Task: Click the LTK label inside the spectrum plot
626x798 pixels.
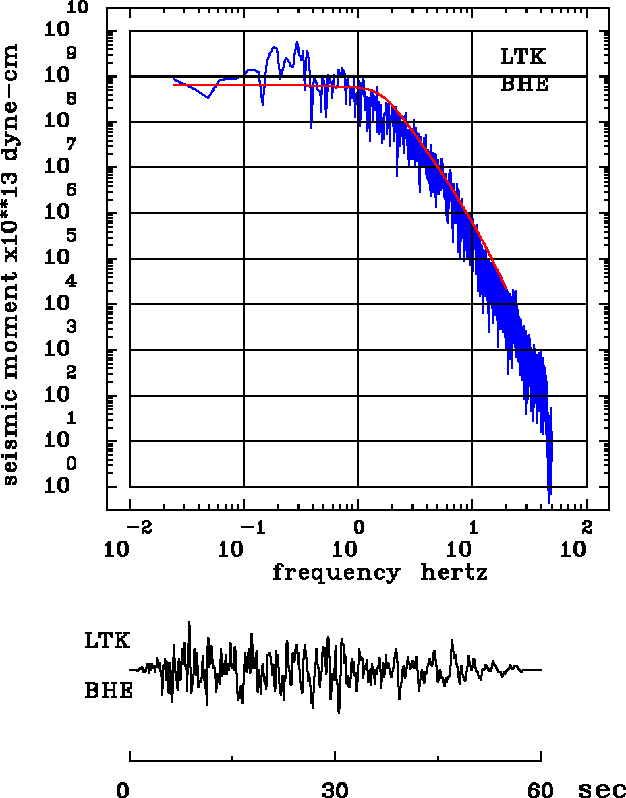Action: pos(523,57)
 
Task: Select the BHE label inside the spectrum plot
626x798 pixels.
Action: pos(524,85)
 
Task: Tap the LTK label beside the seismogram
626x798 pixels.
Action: pos(107,640)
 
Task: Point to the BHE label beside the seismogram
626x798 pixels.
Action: pos(109,691)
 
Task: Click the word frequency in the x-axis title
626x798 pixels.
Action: pos(335,573)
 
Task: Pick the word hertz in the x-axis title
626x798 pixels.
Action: pos(455,573)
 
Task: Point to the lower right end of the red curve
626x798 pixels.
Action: pos(506,290)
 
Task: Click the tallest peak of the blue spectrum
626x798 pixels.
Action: pos(297,42)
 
